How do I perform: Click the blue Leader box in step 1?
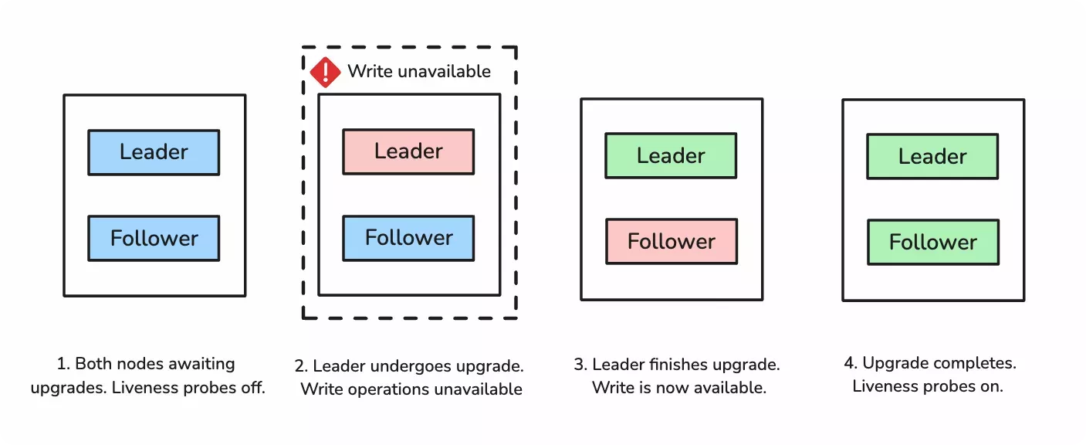(154, 152)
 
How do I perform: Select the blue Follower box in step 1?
(154, 238)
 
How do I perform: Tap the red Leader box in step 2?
(408, 151)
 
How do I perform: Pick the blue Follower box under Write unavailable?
(408, 237)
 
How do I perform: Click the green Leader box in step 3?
(671, 156)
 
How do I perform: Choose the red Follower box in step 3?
(671, 242)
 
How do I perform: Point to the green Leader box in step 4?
(932, 157)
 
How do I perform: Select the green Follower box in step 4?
(932, 243)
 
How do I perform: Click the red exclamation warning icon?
(326, 72)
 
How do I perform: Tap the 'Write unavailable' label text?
(418, 71)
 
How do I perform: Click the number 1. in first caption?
(63, 364)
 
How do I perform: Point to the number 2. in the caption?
(301, 365)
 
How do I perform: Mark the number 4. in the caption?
(850, 363)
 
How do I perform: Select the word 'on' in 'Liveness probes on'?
(992, 386)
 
